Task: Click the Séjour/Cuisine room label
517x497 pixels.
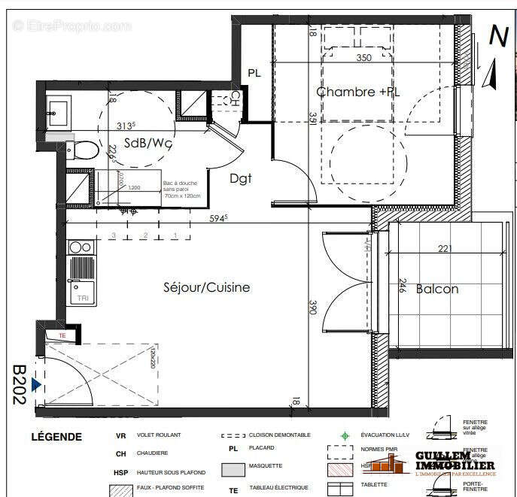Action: coord(207,287)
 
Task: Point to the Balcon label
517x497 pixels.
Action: coord(436,289)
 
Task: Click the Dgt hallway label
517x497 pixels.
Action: coord(240,178)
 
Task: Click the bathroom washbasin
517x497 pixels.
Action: coord(57,114)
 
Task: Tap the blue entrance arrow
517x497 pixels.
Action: coord(35,385)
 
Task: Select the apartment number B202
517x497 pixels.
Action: coord(19,385)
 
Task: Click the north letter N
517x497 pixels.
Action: coord(497,35)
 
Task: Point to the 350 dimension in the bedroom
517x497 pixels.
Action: coord(363,58)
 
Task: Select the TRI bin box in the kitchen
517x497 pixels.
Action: coord(81,299)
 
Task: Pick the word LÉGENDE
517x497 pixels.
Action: coord(56,437)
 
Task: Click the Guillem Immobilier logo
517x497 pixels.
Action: coord(455,461)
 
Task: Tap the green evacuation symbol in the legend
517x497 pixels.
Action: coord(345,435)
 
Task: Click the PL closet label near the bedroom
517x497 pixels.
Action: coord(254,74)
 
